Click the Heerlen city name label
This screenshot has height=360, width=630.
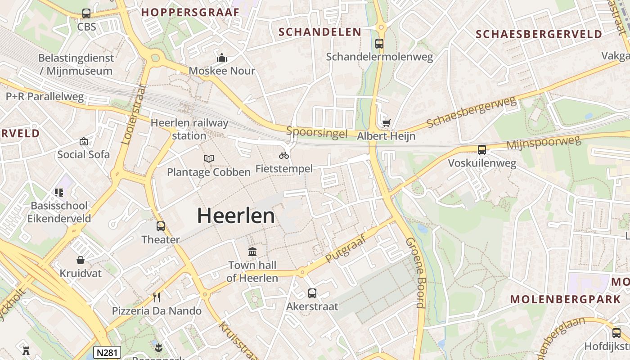(236, 216)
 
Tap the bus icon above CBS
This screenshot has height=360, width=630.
(86, 13)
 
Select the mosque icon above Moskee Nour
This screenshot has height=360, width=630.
(222, 58)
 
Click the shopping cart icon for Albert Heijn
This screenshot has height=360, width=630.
(386, 123)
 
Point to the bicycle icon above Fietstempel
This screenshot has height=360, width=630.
(284, 155)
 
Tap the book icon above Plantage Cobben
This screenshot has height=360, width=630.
(209, 158)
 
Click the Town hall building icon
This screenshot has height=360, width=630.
(252, 252)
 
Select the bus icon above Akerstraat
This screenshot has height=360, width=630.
(312, 293)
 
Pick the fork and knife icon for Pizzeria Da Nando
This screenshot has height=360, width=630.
(157, 297)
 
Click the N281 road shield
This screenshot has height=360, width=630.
(107, 352)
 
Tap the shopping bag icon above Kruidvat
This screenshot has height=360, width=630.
(81, 260)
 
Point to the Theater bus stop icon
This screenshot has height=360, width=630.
(161, 226)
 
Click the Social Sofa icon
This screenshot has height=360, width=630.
(83, 141)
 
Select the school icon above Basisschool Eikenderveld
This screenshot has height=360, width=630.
(59, 193)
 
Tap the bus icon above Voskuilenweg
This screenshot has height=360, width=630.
(482, 150)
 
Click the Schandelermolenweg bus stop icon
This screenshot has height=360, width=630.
(379, 44)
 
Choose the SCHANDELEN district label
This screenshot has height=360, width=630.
(320, 32)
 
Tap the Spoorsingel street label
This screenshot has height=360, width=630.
(317, 133)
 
